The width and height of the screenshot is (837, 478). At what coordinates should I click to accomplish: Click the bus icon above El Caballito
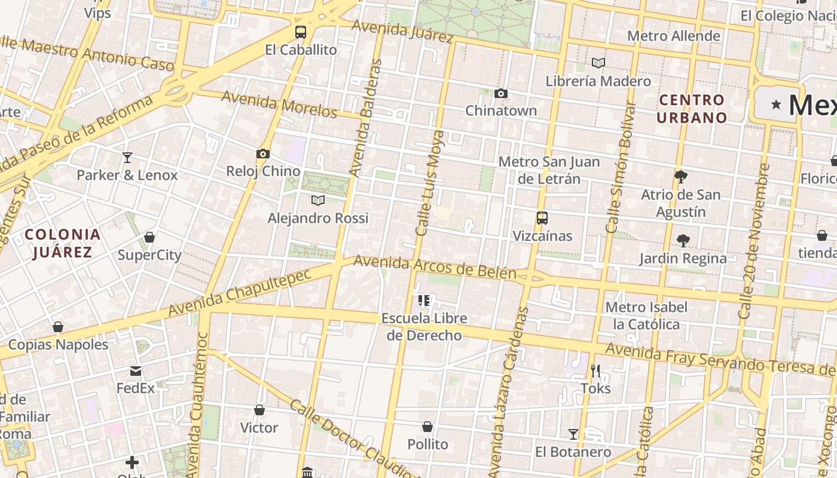pyautogui.click(x=301, y=32)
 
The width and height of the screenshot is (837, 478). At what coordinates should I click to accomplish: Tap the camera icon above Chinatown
pyautogui.click(x=501, y=93)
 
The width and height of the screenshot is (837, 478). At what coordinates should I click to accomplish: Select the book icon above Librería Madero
pyautogui.click(x=598, y=63)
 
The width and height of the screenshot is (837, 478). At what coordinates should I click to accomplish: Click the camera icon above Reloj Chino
pyautogui.click(x=262, y=154)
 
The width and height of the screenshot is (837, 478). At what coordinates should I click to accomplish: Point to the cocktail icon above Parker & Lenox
pyautogui.click(x=127, y=158)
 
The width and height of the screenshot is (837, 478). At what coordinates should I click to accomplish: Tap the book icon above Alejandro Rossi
pyautogui.click(x=318, y=200)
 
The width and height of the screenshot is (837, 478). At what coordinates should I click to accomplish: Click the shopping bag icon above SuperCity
pyautogui.click(x=149, y=237)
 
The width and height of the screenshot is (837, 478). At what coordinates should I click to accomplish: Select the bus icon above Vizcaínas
pyautogui.click(x=542, y=218)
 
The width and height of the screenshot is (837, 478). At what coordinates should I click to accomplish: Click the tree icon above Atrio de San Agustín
pyautogui.click(x=680, y=176)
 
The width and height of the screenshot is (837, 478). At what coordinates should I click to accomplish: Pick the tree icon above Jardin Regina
pyautogui.click(x=683, y=241)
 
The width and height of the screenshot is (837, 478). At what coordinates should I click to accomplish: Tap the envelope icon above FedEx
pyautogui.click(x=136, y=371)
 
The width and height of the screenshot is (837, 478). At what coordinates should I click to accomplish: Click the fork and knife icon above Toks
pyautogui.click(x=595, y=371)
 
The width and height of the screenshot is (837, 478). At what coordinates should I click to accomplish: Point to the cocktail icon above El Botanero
pyautogui.click(x=573, y=434)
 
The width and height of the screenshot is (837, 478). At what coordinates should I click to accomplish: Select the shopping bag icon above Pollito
pyautogui.click(x=427, y=427)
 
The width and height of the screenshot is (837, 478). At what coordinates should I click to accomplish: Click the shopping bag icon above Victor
pyautogui.click(x=259, y=410)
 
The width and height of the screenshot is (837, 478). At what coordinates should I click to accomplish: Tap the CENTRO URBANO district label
pyautogui.click(x=692, y=109)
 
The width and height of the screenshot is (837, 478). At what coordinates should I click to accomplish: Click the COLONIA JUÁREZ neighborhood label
pyautogui.click(x=63, y=243)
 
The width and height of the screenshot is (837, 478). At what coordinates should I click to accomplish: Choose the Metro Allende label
pyautogui.click(x=673, y=36)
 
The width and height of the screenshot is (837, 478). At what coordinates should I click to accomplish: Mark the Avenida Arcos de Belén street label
pyautogui.click(x=435, y=267)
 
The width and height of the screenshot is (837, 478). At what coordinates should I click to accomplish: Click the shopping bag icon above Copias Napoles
pyautogui.click(x=58, y=327)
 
